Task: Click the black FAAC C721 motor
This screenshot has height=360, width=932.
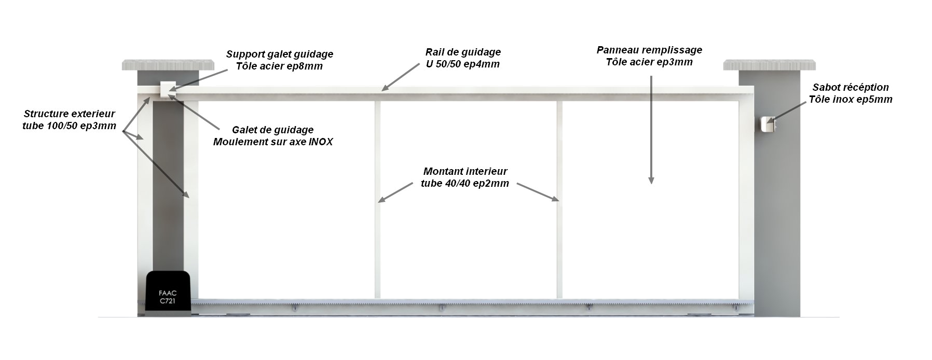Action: (x=168, y=294)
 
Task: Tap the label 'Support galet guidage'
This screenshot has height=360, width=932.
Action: (x=280, y=54)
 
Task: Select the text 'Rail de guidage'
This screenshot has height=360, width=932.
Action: (x=463, y=52)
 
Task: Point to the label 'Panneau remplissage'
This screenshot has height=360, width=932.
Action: (x=649, y=50)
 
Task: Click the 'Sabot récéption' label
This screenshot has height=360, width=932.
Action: (x=851, y=87)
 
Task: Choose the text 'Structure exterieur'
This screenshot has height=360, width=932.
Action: (x=70, y=114)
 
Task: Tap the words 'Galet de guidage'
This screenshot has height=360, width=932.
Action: (x=272, y=130)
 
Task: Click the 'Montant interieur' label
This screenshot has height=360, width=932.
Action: (x=465, y=171)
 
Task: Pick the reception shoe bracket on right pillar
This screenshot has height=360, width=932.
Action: (x=767, y=124)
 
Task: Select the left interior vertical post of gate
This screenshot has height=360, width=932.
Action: (x=378, y=200)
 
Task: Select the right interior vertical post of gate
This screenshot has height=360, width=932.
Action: (x=559, y=200)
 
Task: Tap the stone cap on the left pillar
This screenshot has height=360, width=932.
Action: (x=168, y=65)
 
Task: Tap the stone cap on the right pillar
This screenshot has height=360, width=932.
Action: (x=769, y=65)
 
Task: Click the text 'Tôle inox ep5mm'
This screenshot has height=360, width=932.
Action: (x=851, y=100)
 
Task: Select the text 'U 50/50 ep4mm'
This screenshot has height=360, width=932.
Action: (x=463, y=64)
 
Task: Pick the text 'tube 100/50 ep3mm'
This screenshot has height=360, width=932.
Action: (x=70, y=126)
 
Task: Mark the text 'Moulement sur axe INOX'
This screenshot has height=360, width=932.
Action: (x=273, y=142)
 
